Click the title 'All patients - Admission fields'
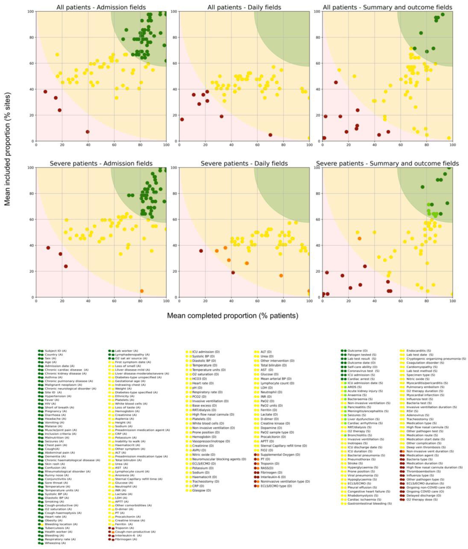coord(101,7)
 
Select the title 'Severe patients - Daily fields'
coord(244,163)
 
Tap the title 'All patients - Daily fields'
coord(244,7)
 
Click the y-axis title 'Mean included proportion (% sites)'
coord(8,149)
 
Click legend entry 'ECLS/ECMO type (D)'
coord(276,486)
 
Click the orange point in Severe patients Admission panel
coord(142,291)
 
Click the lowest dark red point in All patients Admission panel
coord(87,132)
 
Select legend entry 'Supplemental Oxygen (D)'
coord(280,454)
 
